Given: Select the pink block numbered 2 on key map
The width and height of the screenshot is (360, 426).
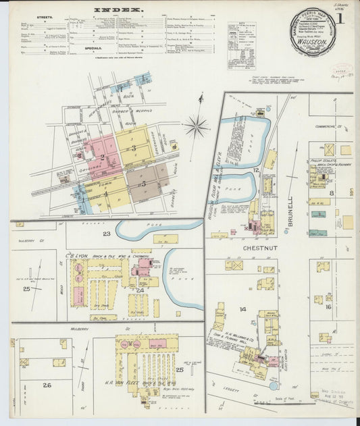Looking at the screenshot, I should click(x=102, y=157).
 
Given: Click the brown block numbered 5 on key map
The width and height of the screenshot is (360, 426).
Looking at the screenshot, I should click(x=143, y=183).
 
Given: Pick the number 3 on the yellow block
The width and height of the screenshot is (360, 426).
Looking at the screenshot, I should click(x=134, y=148).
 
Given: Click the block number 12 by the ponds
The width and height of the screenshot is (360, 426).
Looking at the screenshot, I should click(x=257, y=170).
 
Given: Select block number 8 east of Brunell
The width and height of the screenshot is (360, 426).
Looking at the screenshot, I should click(x=331, y=193).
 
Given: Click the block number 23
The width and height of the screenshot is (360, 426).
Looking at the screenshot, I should click(x=106, y=234).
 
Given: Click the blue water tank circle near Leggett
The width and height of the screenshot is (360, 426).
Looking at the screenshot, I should click(x=273, y=385).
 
